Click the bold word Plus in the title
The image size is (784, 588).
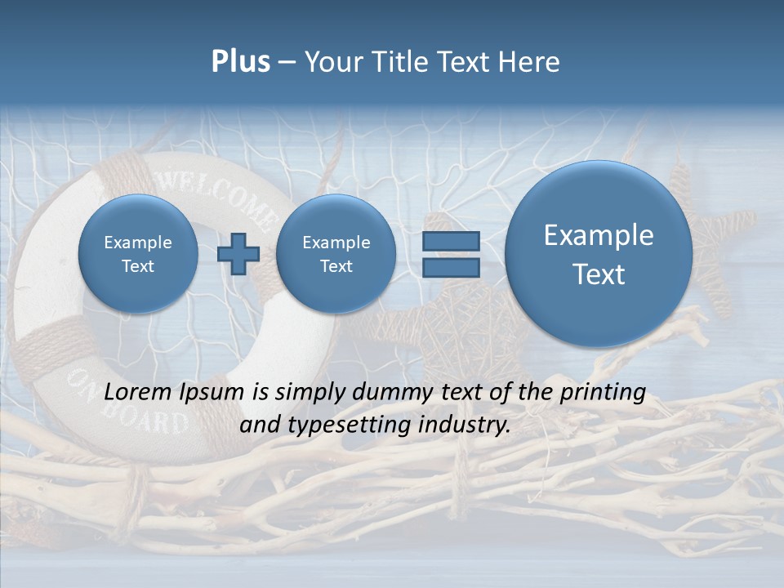click(x=240, y=62)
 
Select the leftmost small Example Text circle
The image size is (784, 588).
click(x=138, y=254)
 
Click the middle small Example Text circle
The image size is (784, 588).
click(x=336, y=254)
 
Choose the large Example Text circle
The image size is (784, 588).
click(x=599, y=254)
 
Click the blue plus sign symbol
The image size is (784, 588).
click(x=238, y=254)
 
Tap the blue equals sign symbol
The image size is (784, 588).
click(x=451, y=255)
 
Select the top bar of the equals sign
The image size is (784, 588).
click(x=451, y=242)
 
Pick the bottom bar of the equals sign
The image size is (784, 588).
click(x=451, y=268)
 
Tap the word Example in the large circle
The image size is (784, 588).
click(x=599, y=235)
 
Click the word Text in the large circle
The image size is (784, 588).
click(x=599, y=274)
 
